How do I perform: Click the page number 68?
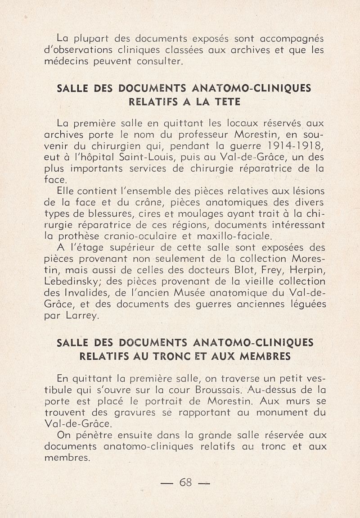185,482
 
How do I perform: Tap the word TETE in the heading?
225,102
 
